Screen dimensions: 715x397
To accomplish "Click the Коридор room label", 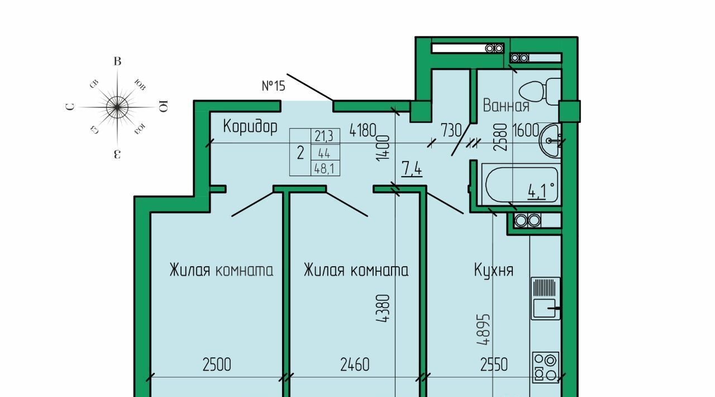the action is click(x=250, y=126).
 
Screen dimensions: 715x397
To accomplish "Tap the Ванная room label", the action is click(x=506, y=105).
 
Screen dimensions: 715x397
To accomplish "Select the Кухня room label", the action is click(x=494, y=271).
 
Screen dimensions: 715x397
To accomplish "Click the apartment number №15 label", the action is click(x=273, y=86).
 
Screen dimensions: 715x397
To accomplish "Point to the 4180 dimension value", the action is click(x=363, y=130).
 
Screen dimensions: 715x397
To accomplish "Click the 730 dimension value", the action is click(x=451, y=130).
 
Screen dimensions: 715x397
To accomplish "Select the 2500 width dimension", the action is click(x=217, y=365).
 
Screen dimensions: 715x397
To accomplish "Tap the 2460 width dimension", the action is click(x=355, y=365).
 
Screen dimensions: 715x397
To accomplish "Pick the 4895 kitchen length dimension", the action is click(x=483, y=329).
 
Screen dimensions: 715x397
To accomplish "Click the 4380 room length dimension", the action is click(x=383, y=308).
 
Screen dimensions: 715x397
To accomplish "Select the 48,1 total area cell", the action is click(x=325, y=169).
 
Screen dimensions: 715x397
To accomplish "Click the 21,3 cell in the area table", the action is click(x=324, y=136).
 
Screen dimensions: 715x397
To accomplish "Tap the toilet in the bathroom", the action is click(x=540, y=92).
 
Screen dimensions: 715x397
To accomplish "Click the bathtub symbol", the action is click(x=521, y=185).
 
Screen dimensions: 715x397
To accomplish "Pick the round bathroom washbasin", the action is click(x=550, y=140).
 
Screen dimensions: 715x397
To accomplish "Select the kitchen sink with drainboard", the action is click(x=546, y=299).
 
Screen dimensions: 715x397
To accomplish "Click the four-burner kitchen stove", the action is click(x=546, y=367).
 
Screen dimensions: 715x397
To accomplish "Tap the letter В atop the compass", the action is click(x=117, y=62).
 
